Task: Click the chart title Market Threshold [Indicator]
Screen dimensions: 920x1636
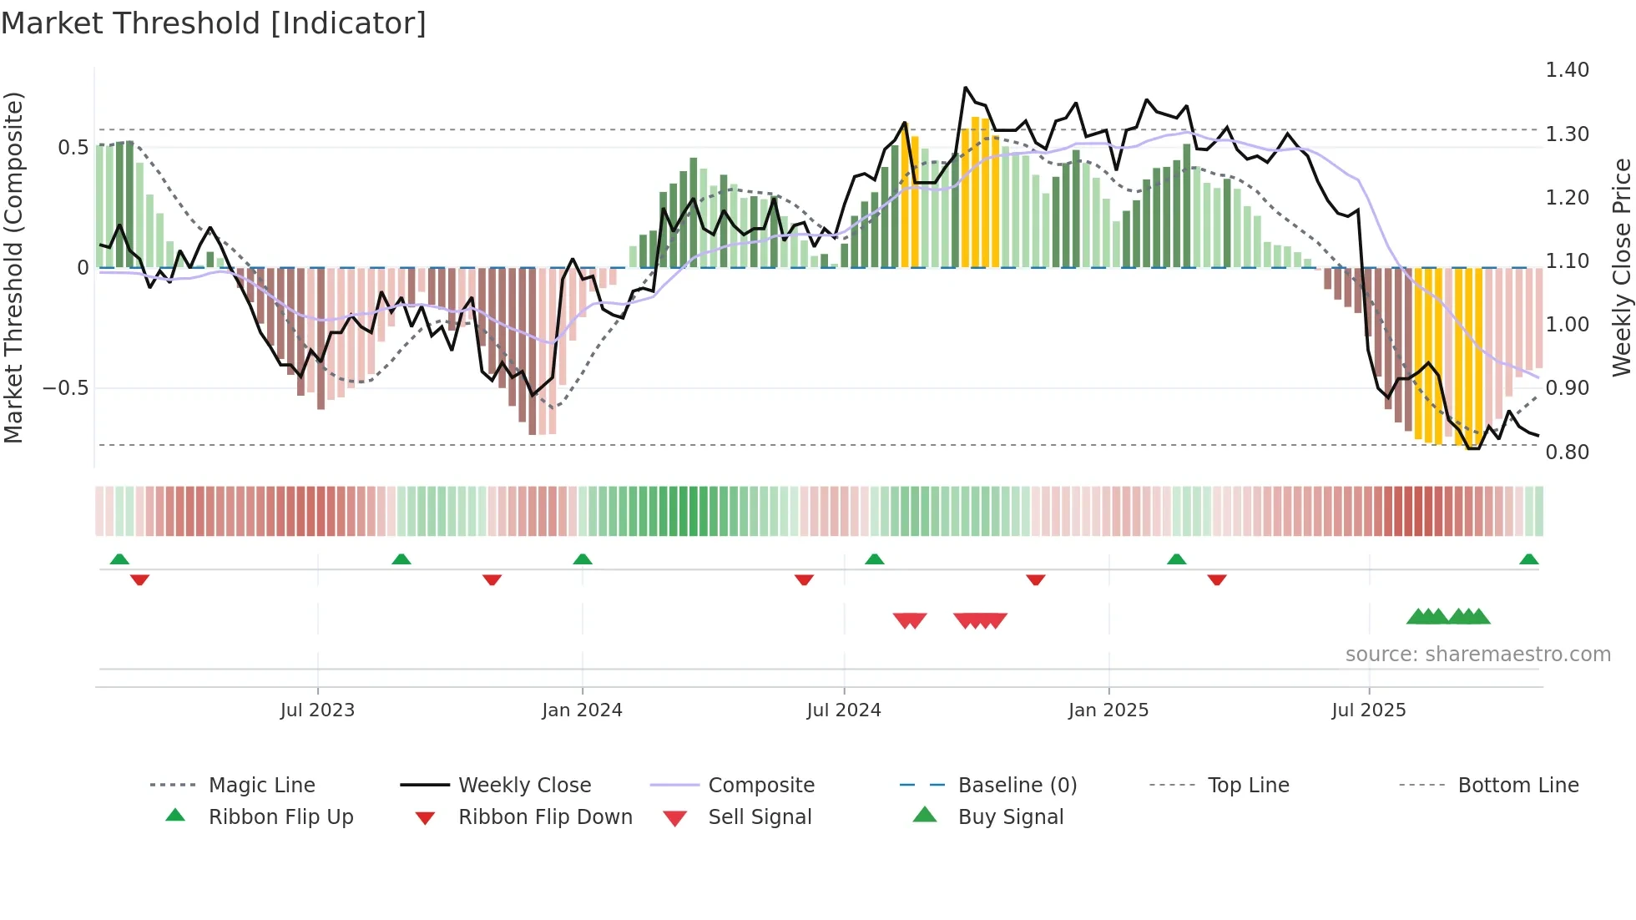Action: click(x=214, y=23)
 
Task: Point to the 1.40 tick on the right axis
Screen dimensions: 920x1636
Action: click(x=1567, y=70)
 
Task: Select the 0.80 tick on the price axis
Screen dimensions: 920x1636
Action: click(x=1567, y=452)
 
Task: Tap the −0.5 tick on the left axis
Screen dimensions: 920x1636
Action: click(x=65, y=388)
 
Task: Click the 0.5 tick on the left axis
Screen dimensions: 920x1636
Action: click(x=73, y=148)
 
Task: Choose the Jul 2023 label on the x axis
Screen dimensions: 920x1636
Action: click(x=317, y=710)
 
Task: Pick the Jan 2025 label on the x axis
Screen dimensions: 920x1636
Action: click(x=1108, y=710)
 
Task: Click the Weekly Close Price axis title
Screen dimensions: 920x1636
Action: click(x=1620, y=267)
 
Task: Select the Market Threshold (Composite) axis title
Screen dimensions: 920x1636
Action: click(x=13, y=267)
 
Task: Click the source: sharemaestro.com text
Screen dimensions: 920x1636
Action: click(x=1477, y=655)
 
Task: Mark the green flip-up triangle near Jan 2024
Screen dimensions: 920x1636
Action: click(x=583, y=559)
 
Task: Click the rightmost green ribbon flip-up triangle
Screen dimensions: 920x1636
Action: click(x=1528, y=559)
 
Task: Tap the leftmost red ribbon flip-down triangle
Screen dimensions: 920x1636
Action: click(x=139, y=579)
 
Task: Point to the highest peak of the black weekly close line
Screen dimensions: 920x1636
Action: click(x=966, y=88)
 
